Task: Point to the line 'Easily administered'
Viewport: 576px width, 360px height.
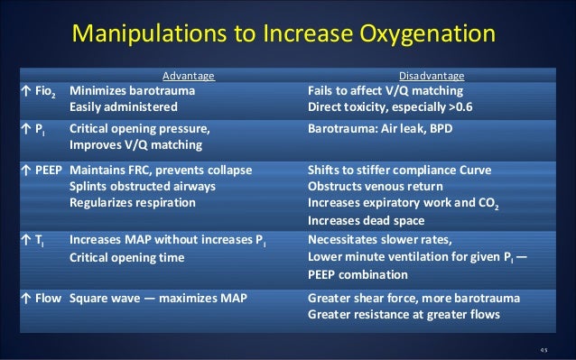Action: click(124, 106)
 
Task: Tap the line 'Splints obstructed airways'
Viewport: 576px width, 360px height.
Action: click(143, 186)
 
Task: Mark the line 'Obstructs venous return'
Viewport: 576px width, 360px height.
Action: click(371, 186)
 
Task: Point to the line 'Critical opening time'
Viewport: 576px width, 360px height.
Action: click(126, 258)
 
